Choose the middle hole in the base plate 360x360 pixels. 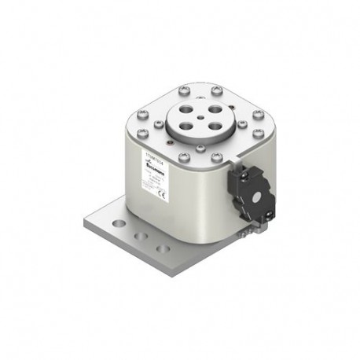click(141, 235)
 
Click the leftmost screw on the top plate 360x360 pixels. click(130, 124)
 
